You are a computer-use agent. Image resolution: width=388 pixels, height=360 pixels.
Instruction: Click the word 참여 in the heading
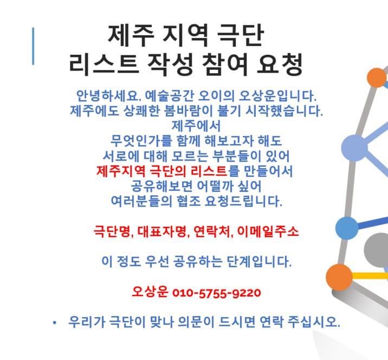coord(225,65)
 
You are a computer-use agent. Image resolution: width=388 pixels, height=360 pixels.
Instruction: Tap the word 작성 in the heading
coord(170,65)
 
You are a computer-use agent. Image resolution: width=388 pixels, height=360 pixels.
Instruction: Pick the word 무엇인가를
coord(141,140)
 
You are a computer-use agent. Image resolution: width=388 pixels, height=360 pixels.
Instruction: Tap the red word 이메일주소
coord(268,232)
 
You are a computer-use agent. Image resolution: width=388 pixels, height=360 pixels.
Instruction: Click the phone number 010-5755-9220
coord(217,293)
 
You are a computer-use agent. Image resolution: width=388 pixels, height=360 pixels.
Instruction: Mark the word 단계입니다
coord(259,261)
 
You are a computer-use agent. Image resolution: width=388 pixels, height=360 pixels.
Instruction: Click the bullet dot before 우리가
coord(55,323)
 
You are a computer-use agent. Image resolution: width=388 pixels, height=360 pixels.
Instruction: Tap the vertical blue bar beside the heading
coord(33,46)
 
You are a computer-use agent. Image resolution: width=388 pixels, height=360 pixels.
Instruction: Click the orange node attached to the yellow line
coord(339,277)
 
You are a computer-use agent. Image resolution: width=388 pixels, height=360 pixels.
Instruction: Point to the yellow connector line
coord(370,275)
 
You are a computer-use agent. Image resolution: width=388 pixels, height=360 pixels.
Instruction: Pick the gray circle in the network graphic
coord(376,250)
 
